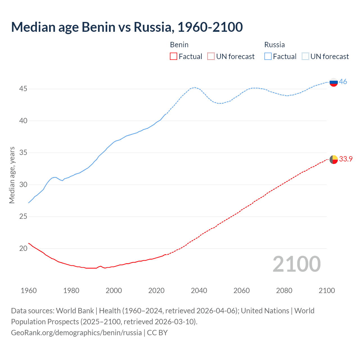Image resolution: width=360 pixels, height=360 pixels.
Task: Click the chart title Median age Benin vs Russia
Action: pos(127,27)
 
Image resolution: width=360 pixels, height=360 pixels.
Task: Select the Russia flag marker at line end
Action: pos(334,82)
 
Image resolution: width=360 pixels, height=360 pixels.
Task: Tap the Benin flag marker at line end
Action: pos(334,159)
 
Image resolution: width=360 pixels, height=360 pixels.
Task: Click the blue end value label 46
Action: pos(343,82)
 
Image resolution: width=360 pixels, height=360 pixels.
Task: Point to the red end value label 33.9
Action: pos(346,159)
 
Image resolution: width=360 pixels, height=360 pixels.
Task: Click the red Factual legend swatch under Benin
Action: pos(174,57)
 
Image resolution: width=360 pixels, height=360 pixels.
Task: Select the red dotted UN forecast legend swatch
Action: pos(211,57)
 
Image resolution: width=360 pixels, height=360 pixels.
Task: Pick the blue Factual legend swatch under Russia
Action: pos(268,57)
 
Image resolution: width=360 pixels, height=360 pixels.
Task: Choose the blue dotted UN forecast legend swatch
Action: pos(305,57)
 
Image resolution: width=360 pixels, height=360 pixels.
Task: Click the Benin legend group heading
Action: pos(179,45)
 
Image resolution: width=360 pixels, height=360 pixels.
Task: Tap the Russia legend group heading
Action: pos(274,45)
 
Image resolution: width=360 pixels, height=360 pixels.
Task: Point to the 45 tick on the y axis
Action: pos(23,89)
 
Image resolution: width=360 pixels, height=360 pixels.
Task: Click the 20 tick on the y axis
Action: pos(23,249)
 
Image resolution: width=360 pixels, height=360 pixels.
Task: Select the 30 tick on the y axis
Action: pos(23,185)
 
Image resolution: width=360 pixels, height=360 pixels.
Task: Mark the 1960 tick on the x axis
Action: pos(29,291)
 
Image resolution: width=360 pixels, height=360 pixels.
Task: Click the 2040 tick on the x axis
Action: pos(199,291)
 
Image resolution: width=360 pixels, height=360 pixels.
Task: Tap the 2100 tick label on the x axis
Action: pos(327,291)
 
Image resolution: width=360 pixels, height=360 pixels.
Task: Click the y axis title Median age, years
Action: pos(12,175)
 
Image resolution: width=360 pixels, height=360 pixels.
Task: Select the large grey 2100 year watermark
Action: pos(296,264)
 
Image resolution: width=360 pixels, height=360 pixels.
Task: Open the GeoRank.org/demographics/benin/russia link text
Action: pos(76,333)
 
